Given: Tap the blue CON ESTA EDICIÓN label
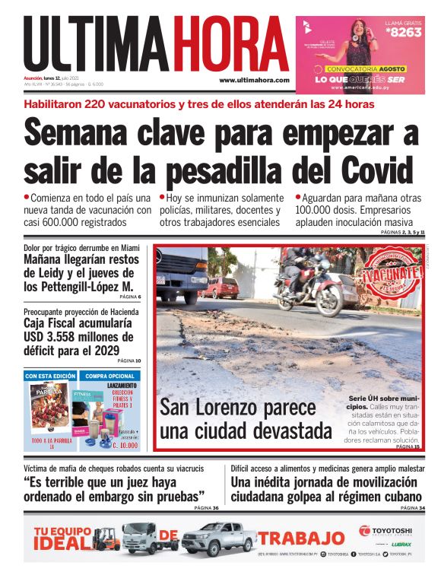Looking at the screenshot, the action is tap(50, 376).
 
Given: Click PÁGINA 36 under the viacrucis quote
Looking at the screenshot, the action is tap(205, 508).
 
